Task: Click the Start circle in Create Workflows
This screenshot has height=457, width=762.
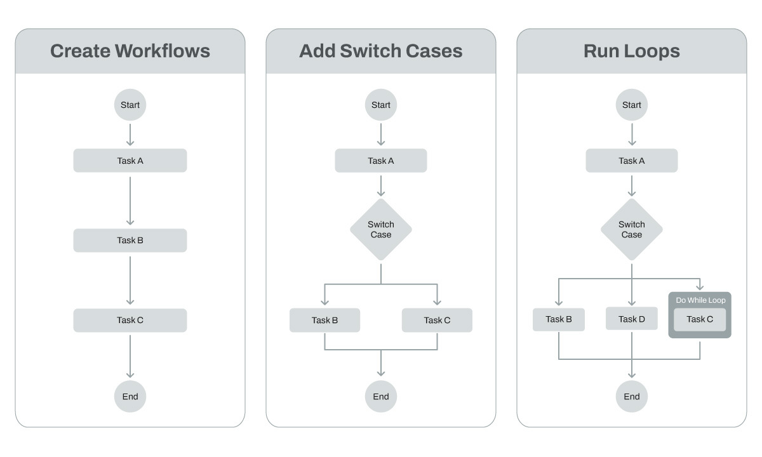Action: tap(130, 105)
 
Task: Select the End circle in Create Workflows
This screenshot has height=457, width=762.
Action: tap(130, 397)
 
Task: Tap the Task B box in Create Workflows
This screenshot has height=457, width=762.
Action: tap(130, 241)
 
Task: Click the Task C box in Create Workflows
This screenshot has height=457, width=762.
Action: tap(130, 321)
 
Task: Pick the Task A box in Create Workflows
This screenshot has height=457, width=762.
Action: tap(130, 161)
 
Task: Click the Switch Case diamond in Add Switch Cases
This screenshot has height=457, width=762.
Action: tap(381, 229)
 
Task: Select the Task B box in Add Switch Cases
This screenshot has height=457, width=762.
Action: tap(324, 320)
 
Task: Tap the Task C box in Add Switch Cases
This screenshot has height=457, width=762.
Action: tap(437, 320)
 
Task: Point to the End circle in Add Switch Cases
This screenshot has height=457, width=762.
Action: tap(381, 397)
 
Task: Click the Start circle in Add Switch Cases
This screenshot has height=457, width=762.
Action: tap(381, 105)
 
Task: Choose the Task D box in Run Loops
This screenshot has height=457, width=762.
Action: tap(632, 319)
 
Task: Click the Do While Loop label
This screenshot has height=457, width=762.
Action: tap(700, 300)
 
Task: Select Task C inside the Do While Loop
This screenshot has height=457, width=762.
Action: tap(700, 319)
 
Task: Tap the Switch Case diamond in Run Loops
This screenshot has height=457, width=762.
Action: tap(632, 229)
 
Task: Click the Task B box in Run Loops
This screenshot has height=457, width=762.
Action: tap(559, 319)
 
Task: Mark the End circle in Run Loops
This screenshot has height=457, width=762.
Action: tap(632, 397)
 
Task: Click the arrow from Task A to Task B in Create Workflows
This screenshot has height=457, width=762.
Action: tap(130, 200)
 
